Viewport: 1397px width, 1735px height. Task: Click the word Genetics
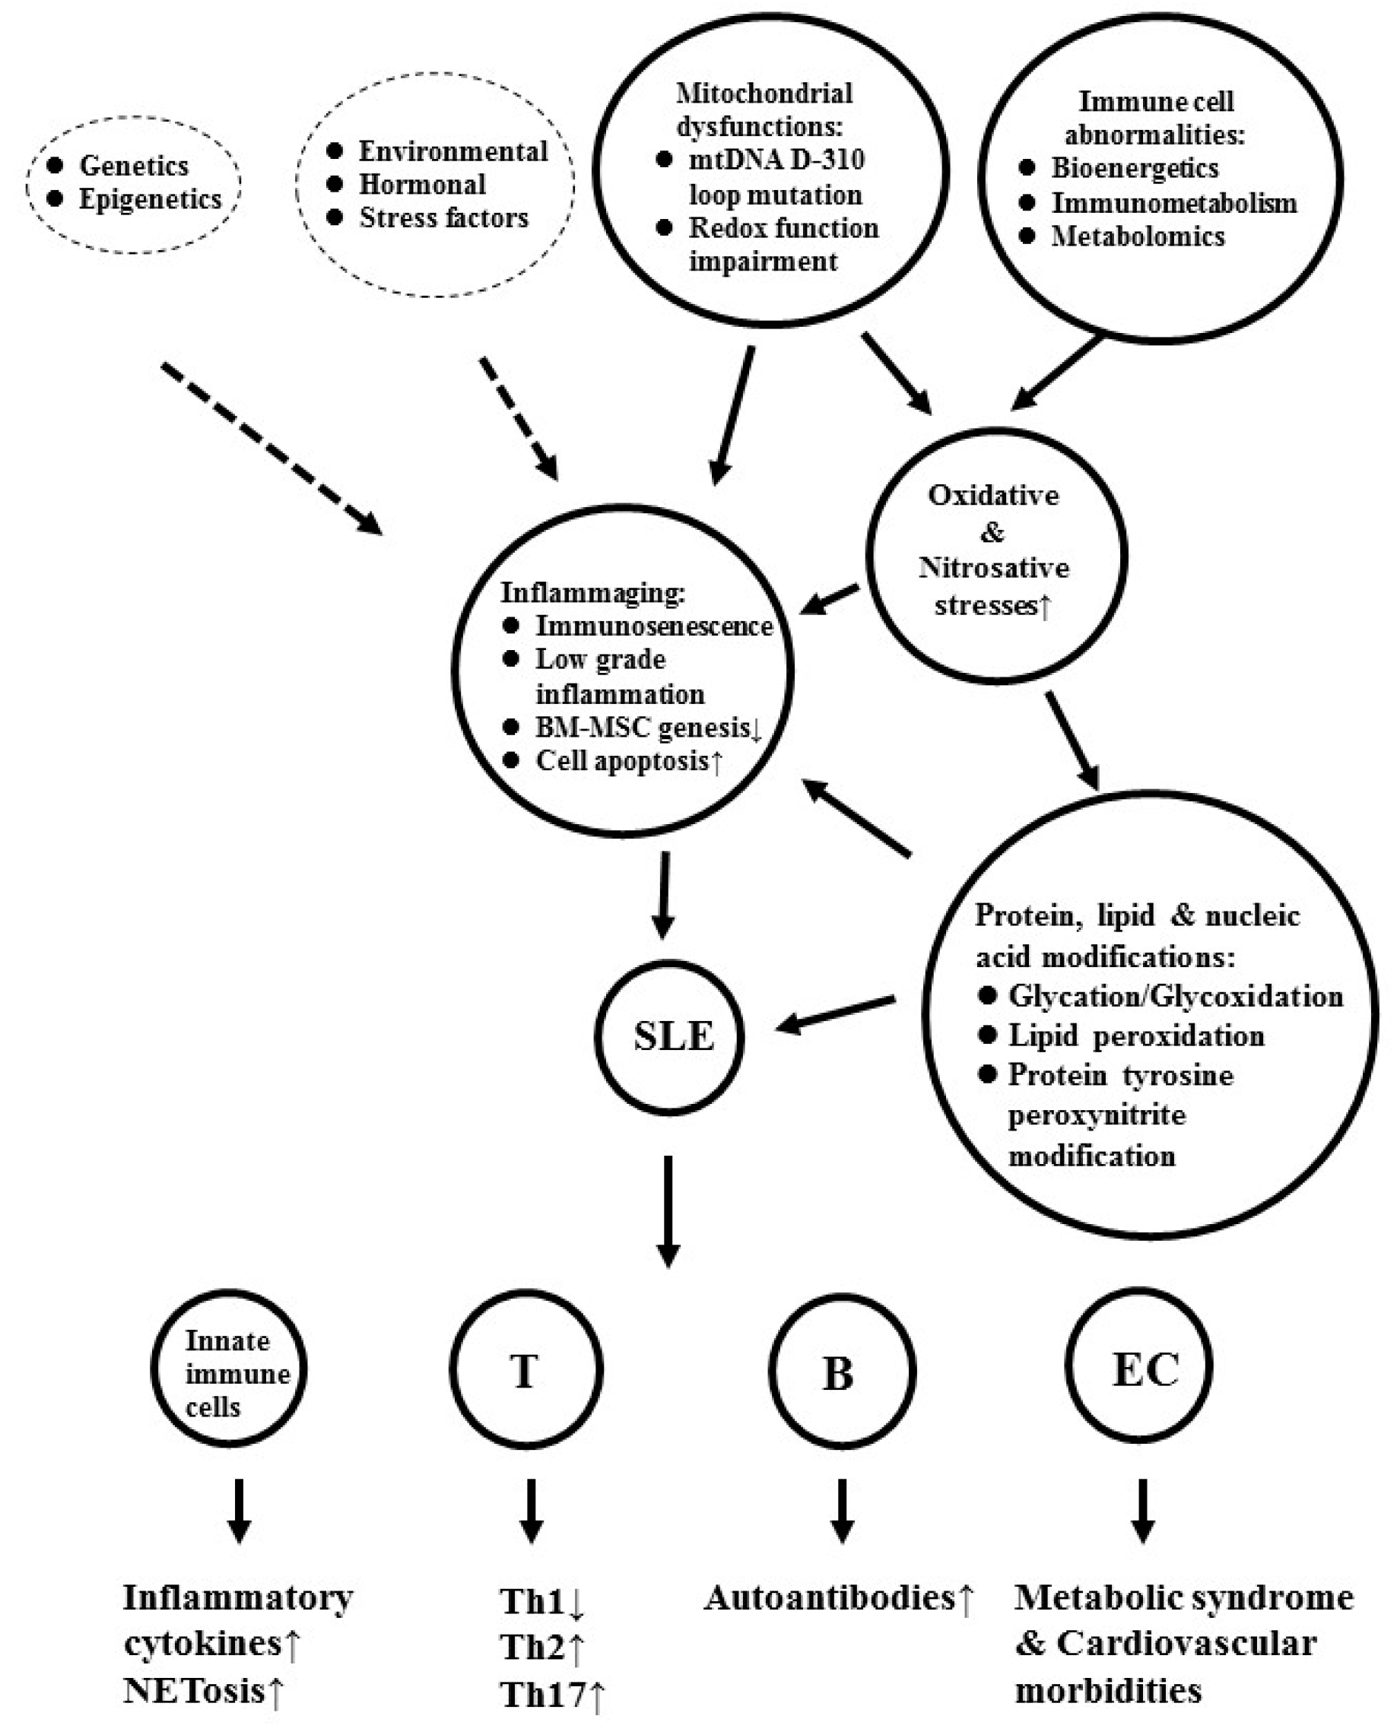point(134,166)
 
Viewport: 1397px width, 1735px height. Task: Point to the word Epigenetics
point(150,199)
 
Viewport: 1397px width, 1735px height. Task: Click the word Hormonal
point(423,185)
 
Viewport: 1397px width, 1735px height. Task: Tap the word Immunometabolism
point(1174,203)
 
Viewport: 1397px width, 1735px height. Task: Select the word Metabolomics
point(1138,236)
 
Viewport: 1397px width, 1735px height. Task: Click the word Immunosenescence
point(654,626)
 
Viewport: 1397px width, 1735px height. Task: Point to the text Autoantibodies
point(829,1598)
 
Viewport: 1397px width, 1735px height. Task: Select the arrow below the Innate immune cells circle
point(238,1510)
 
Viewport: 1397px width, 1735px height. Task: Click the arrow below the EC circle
point(1143,1510)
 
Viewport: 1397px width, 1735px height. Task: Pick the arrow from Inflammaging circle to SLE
point(663,893)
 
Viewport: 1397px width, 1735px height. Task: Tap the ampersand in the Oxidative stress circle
point(993,532)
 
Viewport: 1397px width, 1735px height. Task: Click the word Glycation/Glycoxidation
point(1176,996)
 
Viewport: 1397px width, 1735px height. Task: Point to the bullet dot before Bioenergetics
point(1027,167)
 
